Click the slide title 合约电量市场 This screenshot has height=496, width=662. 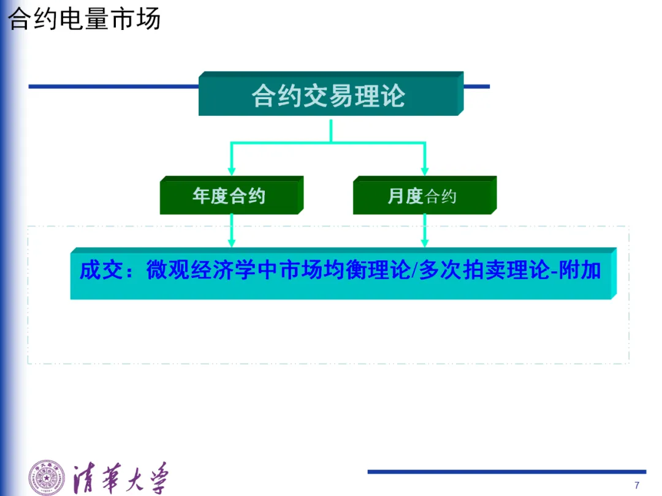tap(84, 19)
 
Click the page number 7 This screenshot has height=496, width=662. tap(637, 485)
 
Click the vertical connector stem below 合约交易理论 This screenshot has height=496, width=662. tap(330, 130)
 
